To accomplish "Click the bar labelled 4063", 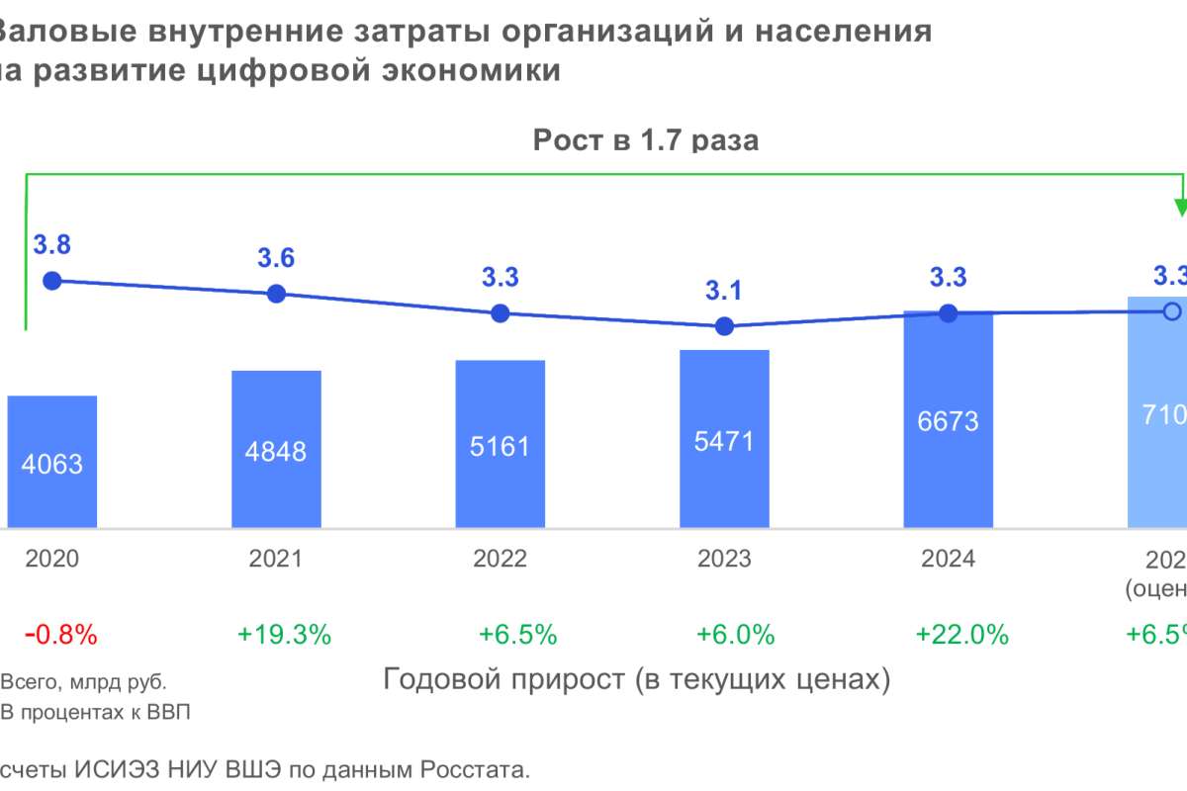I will [x=51, y=463].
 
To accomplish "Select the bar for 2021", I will [x=276, y=450].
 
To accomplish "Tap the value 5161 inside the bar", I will [x=501, y=446].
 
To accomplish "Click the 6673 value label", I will [x=948, y=421].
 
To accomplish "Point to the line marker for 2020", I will [x=52, y=281].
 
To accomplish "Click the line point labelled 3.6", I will [x=276, y=294].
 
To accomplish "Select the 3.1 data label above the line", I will [x=724, y=291].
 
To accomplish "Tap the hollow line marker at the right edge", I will [x=1172, y=311].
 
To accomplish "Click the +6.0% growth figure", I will [x=735, y=635].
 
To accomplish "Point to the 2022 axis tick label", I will [x=501, y=559].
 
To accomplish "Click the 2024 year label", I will [x=948, y=559].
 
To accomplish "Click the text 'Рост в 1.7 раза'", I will [x=646, y=140].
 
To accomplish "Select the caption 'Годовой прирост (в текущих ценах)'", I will [x=636, y=680].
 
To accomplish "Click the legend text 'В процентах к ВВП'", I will [x=95, y=712].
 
